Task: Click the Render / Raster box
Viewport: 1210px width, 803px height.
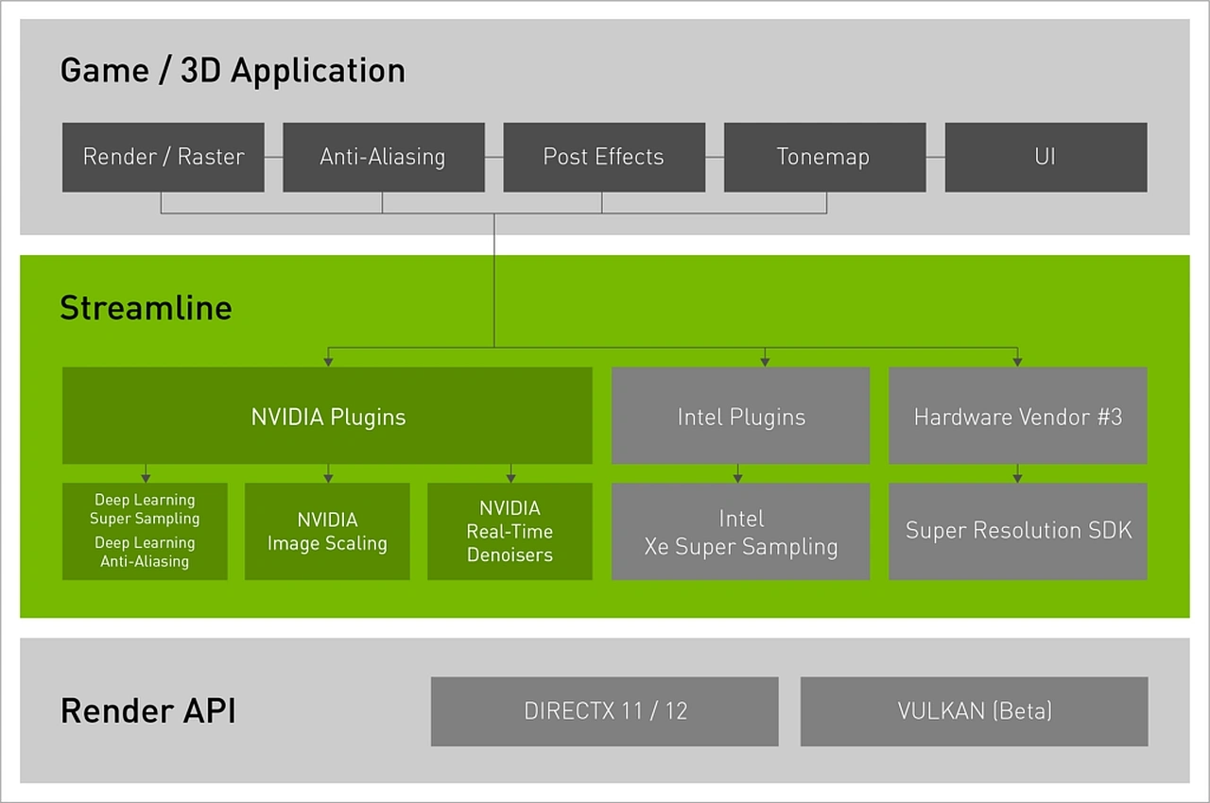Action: pos(164,157)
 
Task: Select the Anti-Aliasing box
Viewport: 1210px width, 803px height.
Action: pos(383,157)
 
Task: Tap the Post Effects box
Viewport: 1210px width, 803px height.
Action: pos(603,157)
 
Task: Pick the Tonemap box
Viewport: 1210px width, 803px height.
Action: pos(823,157)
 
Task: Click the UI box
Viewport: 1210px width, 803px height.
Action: pos(1045,157)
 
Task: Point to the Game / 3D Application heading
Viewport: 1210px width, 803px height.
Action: pos(233,71)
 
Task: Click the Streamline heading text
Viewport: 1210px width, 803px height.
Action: pos(146,308)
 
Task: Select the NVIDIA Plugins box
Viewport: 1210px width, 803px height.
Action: pos(327,417)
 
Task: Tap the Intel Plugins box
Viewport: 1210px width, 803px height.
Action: pos(740,417)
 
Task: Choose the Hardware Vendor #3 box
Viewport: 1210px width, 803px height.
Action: pos(1017,417)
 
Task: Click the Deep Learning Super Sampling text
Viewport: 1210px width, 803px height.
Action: pos(145,509)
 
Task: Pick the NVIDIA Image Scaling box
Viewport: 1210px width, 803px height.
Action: pos(327,532)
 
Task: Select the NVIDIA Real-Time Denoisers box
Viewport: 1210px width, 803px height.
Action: pos(510,532)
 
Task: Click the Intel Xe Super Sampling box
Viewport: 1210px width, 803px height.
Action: pos(740,532)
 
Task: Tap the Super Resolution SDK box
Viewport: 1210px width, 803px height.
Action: pos(1017,531)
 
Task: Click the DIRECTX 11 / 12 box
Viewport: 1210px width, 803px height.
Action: pos(604,711)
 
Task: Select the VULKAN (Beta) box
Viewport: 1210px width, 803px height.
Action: pos(974,711)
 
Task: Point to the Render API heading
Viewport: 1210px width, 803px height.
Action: pos(147,711)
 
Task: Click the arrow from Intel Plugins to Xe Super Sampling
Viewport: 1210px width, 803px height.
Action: pos(738,473)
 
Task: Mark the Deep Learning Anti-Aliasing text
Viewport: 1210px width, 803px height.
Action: pos(145,553)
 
